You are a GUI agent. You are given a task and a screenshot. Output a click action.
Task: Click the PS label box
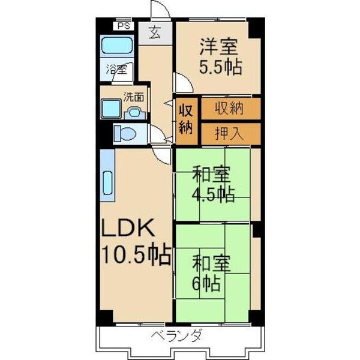point(123,26)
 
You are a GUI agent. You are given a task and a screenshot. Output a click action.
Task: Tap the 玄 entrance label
point(155,33)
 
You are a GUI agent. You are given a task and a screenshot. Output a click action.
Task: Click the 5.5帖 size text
point(221,67)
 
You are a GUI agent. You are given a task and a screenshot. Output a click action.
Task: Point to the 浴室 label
point(116,69)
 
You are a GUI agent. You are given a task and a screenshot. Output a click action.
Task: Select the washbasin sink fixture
point(134,111)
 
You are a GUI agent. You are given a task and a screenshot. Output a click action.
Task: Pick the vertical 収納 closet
point(185,121)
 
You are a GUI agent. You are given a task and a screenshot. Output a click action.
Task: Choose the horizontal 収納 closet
point(230,109)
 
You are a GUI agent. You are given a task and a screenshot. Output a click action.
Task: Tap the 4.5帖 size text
point(213,196)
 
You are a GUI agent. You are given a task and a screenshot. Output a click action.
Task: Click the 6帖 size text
point(205,282)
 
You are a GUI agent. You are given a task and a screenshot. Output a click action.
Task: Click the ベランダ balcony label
point(176,335)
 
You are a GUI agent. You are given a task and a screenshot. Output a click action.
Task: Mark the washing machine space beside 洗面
point(112,109)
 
